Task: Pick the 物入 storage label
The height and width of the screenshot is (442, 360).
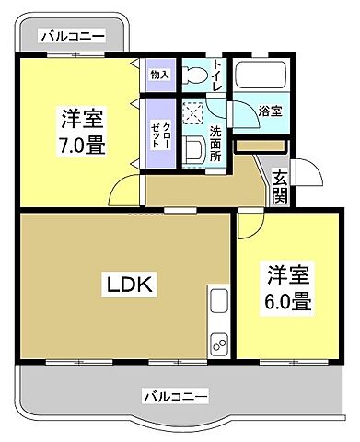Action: [x=159, y=75]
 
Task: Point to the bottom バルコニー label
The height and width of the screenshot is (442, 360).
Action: [x=175, y=396]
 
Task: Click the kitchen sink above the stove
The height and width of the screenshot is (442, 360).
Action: [x=219, y=300]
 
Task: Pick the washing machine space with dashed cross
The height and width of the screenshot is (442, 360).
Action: [x=194, y=114]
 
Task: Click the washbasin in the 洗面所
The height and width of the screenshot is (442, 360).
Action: [x=195, y=150]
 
